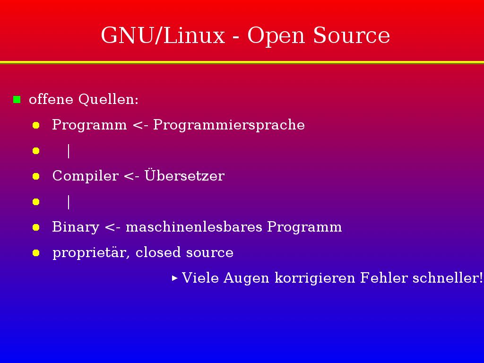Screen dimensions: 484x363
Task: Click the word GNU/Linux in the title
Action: point(163,35)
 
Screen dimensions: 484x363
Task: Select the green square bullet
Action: point(17,99)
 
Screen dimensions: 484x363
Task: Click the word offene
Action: point(51,99)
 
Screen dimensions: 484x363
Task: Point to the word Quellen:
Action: point(108,99)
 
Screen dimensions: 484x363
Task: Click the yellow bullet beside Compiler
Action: point(36,176)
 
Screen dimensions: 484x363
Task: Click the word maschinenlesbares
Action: point(194,226)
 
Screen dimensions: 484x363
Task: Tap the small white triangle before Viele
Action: point(175,278)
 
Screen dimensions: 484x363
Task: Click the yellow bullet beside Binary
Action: point(36,227)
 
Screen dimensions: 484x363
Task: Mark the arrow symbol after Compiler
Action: point(131,176)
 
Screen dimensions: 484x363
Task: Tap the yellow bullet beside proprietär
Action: point(36,253)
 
